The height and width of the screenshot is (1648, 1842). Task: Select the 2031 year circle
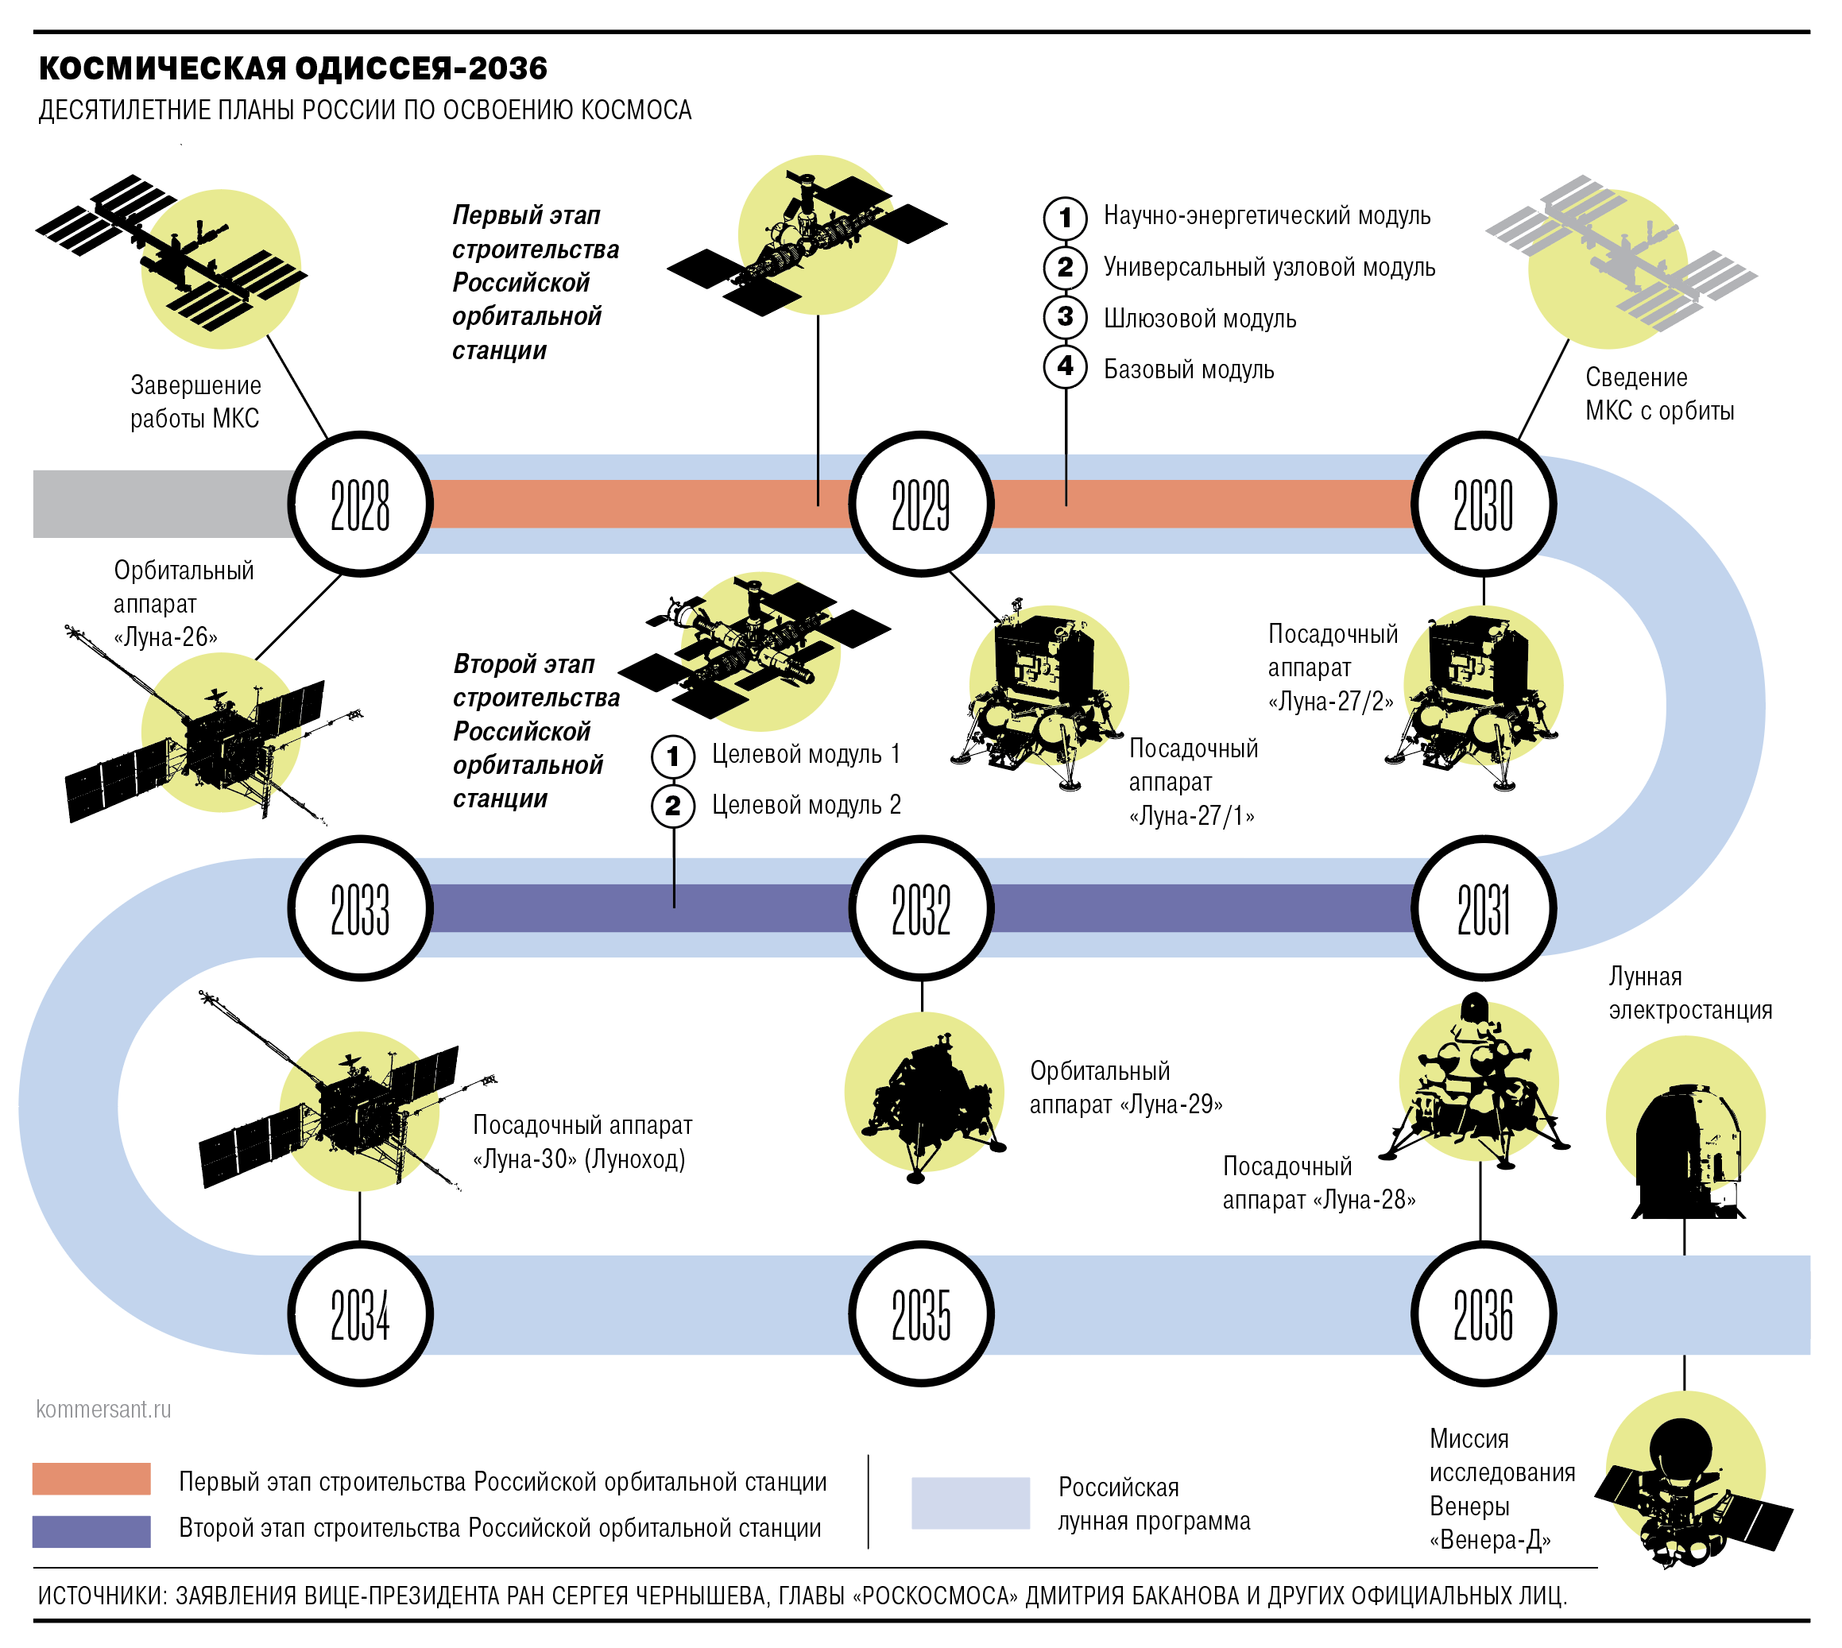(x=1483, y=908)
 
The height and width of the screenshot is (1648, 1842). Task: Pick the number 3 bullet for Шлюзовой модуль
(x=1065, y=317)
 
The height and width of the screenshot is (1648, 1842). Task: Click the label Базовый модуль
(x=1188, y=369)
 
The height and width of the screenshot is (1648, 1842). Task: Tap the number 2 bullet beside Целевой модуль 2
(x=673, y=805)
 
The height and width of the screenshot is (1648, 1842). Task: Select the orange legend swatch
(x=91, y=1479)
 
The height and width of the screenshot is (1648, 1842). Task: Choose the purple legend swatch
(x=91, y=1531)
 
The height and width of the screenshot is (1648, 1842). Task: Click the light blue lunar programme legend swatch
(x=970, y=1503)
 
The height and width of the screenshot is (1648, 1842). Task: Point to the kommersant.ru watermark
(x=103, y=1409)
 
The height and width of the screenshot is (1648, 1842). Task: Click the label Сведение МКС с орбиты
(x=1658, y=394)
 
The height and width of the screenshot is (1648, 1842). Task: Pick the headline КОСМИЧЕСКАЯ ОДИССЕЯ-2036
(x=292, y=68)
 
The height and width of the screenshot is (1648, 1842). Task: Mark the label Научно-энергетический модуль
(x=1266, y=215)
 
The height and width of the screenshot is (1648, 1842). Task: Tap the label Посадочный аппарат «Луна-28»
(x=1318, y=1182)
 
